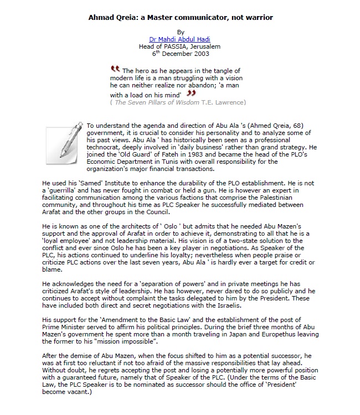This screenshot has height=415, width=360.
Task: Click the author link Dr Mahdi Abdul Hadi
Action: point(180,39)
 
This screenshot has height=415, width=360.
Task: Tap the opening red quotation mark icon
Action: point(115,69)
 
